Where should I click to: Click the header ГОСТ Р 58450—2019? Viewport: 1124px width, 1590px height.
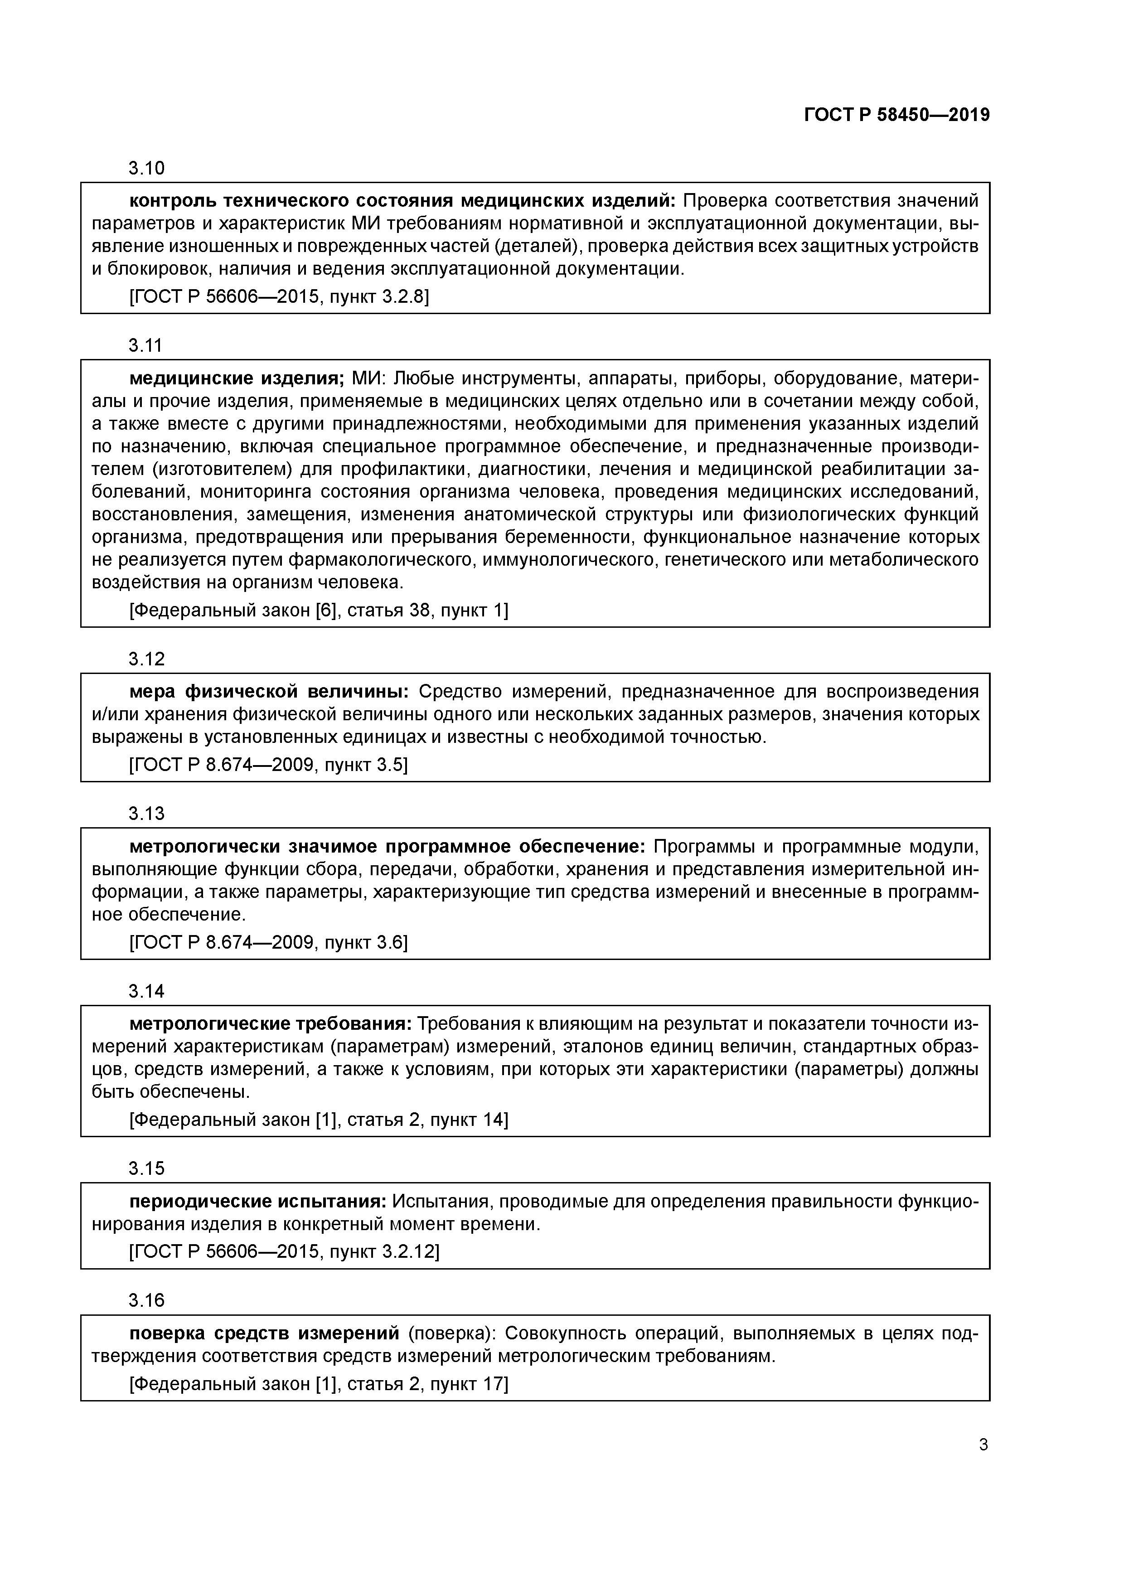[x=897, y=115]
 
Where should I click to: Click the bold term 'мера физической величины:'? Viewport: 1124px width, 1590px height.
[x=269, y=691]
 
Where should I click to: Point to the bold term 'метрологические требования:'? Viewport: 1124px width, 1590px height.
[x=271, y=1023]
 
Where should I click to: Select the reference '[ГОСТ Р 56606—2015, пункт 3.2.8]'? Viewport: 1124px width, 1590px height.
[x=279, y=297]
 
